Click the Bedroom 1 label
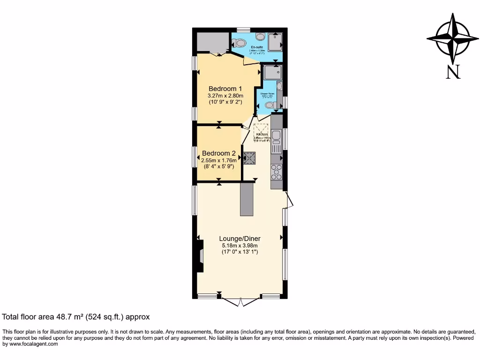[225, 89]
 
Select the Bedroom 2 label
[218, 153]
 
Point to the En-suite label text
[256, 47]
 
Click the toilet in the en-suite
[240, 43]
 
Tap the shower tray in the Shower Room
[272, 73]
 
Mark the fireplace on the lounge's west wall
[200, 256]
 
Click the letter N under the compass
[453, 72]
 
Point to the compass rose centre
[453, 39]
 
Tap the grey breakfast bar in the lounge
[247, 199]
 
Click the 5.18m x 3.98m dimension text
[240, 245]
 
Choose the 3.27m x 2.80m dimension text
[225, 96]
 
